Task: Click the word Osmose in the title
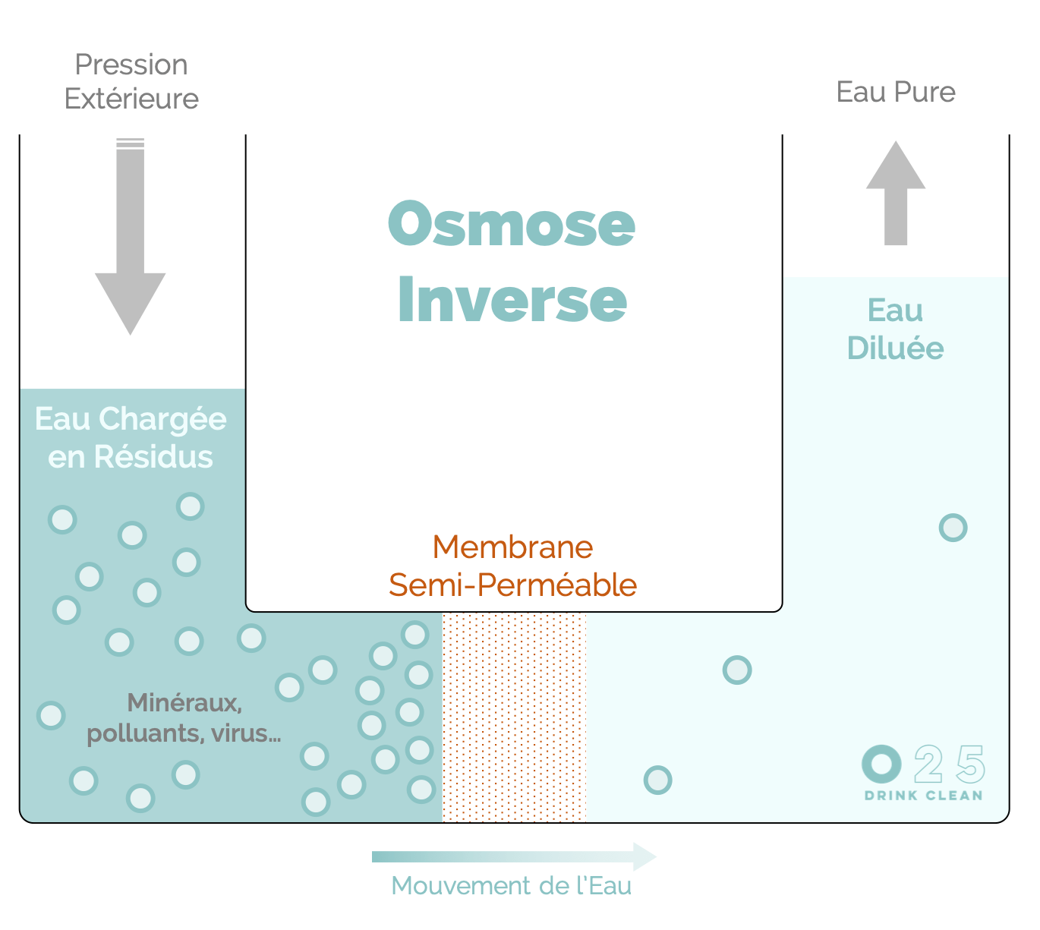[x=512, y=225]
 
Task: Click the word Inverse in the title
[x=512, y=300]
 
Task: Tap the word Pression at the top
[x=131, y=65]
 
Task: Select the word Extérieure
[x=131, y=99]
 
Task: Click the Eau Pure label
[x=895, y=92]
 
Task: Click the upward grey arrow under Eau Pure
[x=896, y=194]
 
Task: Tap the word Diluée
[x=895, y=348]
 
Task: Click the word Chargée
[x=162, y=419]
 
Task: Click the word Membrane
[x=512, y=547]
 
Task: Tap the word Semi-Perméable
[x=512, y=585]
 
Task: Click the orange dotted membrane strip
[x=514, y=717]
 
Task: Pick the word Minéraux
[x=184, y=703]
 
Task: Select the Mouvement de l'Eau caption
[x=511, y=886]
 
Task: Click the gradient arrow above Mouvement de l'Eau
[x=513, y=857]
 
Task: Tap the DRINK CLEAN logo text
[x=923, y=796]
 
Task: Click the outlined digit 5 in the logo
[x=970, y=764]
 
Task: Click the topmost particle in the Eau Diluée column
[x=953, y=528]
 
